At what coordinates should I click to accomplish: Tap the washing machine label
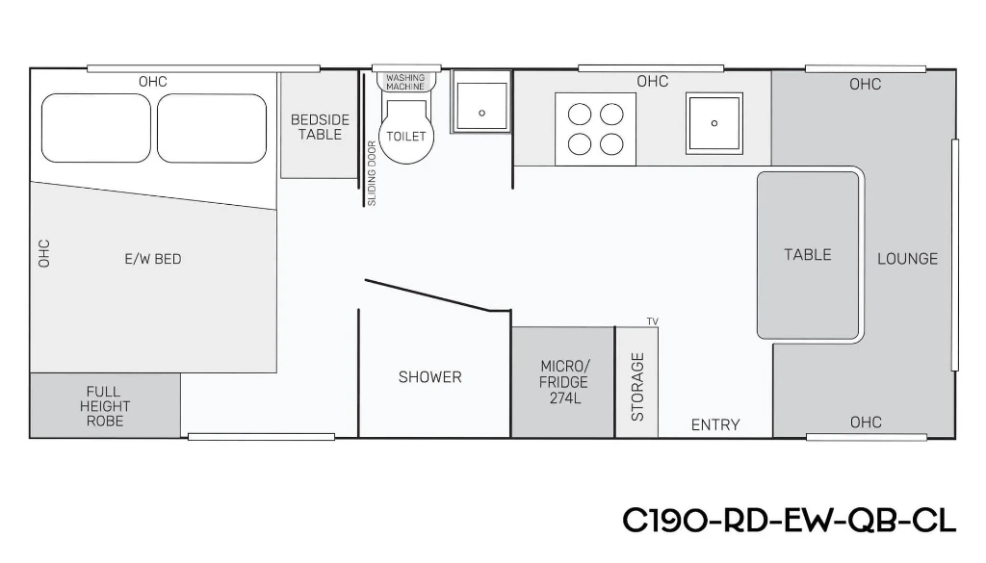click(x=405, y=83)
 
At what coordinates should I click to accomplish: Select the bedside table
click(x=319, y=126)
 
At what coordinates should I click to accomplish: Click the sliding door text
click(x=371, y=173)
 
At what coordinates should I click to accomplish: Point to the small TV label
click(x=653, y=321)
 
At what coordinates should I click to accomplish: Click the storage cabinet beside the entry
click(x=637, y=382)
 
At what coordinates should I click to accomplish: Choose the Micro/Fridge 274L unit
click(x=562, y=382)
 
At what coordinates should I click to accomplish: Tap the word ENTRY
click(x=715, y=424)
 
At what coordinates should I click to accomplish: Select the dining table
click(x=808, y=255)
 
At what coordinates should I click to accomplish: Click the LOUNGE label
click(x=907, y=258)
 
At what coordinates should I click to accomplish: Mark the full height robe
click(x=105, y=405)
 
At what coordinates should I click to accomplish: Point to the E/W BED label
click(x=153, y=259)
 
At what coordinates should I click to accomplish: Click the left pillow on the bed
click(x=96, y=128)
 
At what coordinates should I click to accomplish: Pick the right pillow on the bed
click(x=212, y=128)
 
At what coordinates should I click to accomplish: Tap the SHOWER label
click(x=430, y=377)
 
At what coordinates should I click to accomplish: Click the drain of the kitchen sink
click(x=714, y=123)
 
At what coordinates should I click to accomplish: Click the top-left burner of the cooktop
click(x=579, y=115)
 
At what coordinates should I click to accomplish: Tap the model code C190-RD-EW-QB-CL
click(x=790, y=521)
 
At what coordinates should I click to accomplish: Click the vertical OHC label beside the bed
click(x=44, y=253)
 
